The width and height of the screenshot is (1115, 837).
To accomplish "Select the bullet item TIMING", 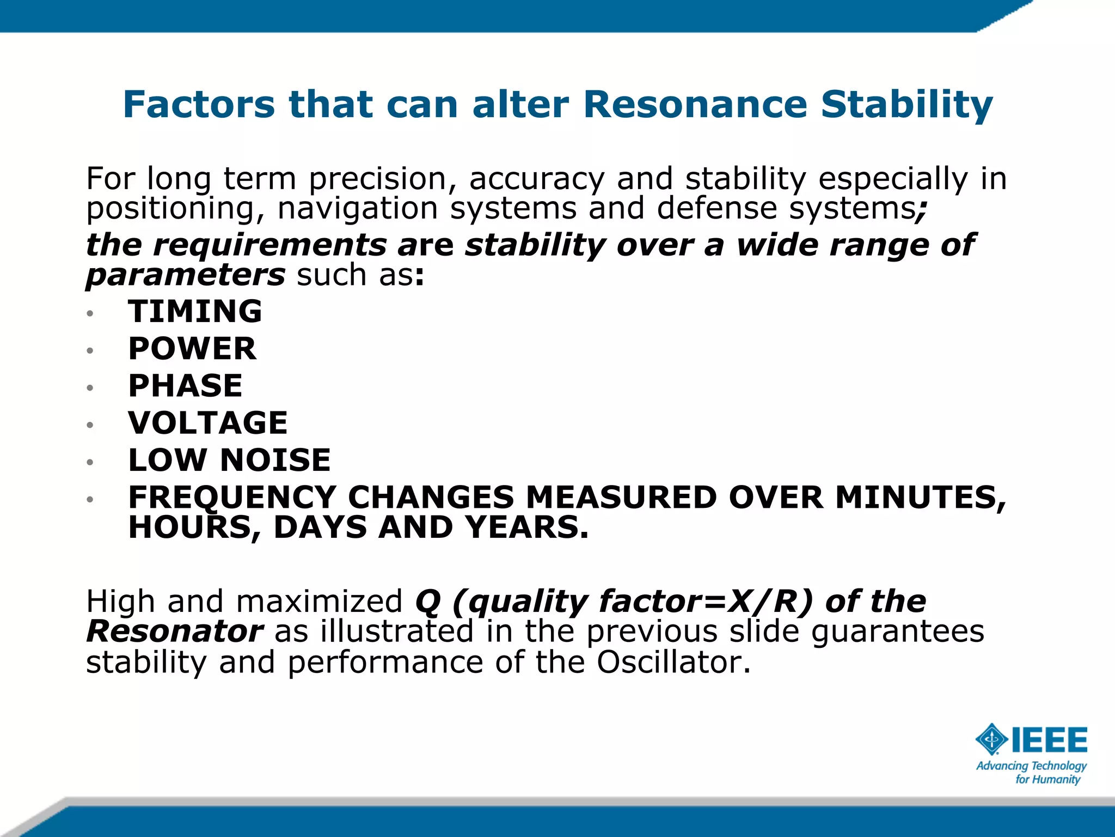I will tap(195, 312).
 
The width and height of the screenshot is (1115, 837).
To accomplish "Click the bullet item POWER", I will tap(192, 349).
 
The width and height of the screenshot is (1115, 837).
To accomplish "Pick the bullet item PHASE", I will tap(185, 386).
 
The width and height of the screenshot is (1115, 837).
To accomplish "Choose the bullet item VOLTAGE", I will tap(207, 423).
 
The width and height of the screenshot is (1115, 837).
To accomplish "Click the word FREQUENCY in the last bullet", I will tap(232, 498).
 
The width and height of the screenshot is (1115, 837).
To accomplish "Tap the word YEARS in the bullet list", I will tap(526, 527).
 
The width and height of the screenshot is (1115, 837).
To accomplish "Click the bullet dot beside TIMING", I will tap(90, 313).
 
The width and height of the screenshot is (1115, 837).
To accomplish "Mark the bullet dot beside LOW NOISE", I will tap(90, 462).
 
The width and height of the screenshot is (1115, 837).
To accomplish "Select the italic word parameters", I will tap(185, 275).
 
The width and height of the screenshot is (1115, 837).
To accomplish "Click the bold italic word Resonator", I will tap(174, 632).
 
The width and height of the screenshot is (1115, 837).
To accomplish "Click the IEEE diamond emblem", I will tap(991, 739).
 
